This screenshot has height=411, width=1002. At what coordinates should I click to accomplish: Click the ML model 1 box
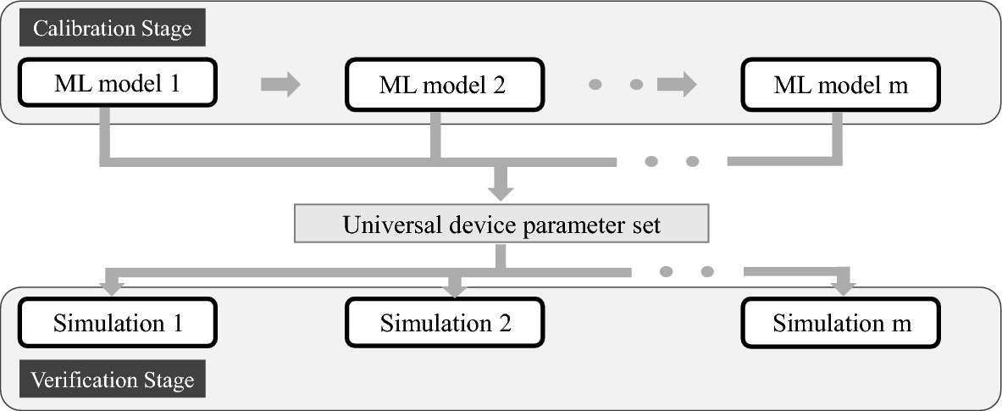117,85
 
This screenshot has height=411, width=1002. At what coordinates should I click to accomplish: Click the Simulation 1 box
117,323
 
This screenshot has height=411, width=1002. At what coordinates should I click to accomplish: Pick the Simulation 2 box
445,324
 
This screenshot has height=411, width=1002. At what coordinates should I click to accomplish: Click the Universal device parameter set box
501,226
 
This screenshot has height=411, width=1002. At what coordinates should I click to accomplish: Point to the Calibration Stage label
112,29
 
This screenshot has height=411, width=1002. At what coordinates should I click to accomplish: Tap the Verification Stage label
113,380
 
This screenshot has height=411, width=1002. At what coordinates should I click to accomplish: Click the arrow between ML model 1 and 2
280,85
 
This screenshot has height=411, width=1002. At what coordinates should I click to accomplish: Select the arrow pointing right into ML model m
677,85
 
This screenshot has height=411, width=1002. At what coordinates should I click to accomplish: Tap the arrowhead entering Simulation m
841,287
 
